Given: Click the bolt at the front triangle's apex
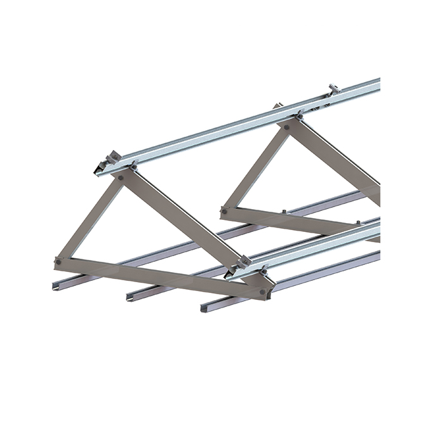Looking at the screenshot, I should point(121,179).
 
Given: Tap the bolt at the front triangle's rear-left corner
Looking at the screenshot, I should point(59,261).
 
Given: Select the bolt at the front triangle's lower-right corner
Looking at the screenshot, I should point(262,292).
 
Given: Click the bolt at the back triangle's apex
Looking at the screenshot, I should point(287,127).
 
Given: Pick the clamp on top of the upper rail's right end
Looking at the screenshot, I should point(334,88).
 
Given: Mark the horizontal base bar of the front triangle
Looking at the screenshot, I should point(159,276).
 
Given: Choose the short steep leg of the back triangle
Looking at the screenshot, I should point(254,168).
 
